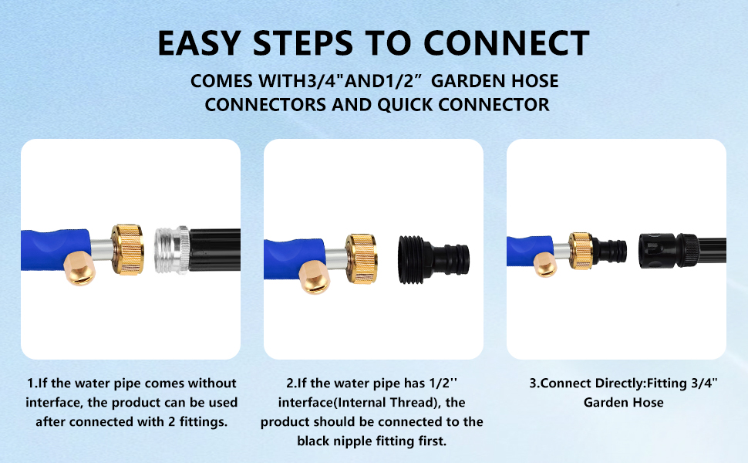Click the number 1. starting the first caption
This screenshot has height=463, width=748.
(32, 384)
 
